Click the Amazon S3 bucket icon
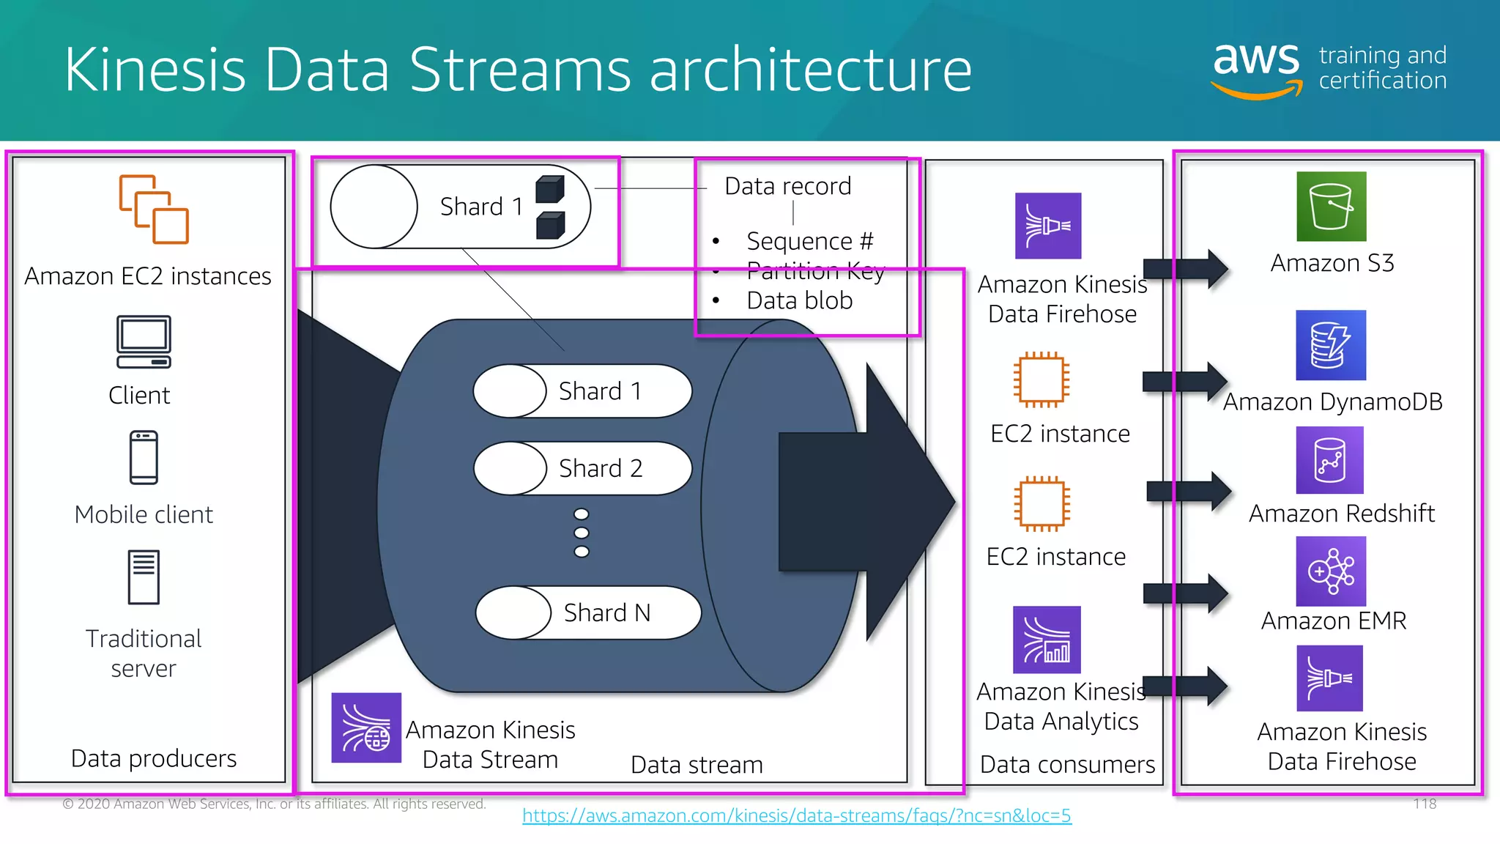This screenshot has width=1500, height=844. coord(1331,207)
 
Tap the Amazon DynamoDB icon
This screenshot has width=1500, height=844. coord(1330,345)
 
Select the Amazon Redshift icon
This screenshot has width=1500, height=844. coord(1329,460)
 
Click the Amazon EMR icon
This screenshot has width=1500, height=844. coord(1331,571)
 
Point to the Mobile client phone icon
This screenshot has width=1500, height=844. coord(144,458)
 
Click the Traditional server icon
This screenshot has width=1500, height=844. coord(144,577)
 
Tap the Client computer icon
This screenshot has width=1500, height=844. coord(144,341)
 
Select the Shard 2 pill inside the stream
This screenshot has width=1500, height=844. coord(583,468)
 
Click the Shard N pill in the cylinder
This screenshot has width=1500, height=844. coord(588,612)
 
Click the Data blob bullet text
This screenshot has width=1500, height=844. coord(799,301)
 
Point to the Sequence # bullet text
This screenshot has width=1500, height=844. coord(809,241)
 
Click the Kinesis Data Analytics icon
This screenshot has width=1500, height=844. coord(1047,640)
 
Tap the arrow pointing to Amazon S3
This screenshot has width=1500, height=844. coord(1185,269)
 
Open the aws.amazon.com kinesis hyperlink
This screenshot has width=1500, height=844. coord(796,815)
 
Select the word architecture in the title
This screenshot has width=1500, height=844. coord(810,70)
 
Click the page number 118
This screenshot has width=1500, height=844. coord(1425,804)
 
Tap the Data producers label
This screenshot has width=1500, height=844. coord(154,758)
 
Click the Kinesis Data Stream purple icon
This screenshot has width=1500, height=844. coord(366,728)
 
